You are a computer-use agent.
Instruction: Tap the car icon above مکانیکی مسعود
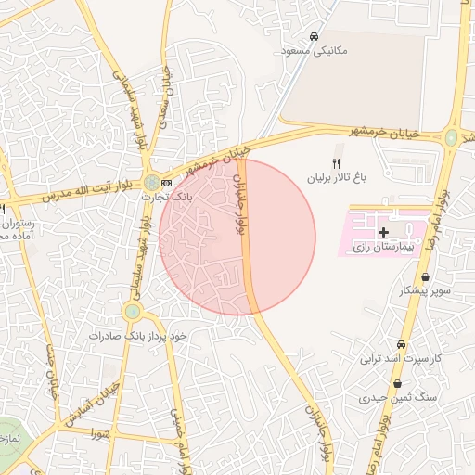point(315,35)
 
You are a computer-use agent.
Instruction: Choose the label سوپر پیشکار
point(425,291)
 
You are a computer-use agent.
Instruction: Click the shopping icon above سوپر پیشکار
point(425,277)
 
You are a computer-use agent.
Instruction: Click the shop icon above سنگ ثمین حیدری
point(397,383)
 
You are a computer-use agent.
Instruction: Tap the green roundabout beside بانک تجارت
point(150,183)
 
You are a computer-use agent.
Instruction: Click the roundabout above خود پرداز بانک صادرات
point(132,313)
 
